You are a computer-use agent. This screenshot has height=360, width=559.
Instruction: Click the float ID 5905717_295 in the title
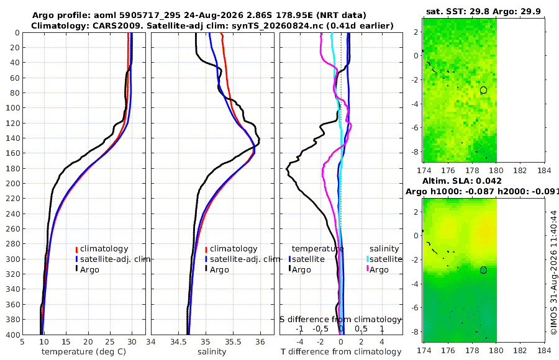(154, 16)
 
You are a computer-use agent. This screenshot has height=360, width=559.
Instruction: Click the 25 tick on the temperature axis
(110, 342)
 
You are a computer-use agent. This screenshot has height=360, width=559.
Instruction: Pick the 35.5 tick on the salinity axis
(233, 342)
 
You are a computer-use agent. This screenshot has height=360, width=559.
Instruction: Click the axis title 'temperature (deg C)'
(84, 352)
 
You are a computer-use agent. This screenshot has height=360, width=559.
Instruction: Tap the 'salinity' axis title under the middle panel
(212, 352)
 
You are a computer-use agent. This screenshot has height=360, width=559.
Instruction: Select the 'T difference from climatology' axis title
(341, 352)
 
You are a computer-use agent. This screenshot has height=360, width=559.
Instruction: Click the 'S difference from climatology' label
(340, 319)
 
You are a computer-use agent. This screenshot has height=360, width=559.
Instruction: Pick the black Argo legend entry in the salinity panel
(217, 269)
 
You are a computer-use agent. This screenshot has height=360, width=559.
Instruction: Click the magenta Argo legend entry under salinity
(378, 269)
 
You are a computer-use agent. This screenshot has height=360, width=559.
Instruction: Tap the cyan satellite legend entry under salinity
(384, 259)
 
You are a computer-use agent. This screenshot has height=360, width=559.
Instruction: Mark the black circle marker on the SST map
(483, 90)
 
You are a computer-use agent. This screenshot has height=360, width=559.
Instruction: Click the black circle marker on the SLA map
(483, 270)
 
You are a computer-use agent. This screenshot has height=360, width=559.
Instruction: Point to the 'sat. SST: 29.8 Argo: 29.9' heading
(483, 12)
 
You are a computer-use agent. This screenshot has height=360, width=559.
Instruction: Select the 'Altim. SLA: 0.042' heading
(462, 181)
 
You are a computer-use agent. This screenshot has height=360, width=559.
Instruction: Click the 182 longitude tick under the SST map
(520, 170)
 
